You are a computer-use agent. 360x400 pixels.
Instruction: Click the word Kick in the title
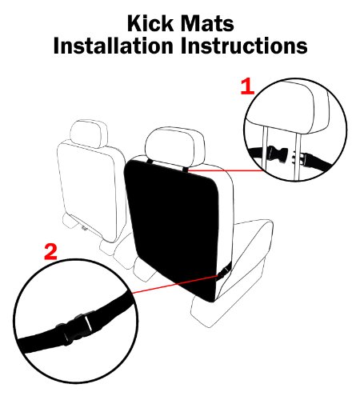(x=150, y=23)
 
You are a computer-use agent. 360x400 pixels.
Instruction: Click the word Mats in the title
(x=207, y=23)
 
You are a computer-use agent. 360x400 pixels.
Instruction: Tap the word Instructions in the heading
(x=244, y=46)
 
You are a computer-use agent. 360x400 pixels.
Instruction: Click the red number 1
(x=247, y=86)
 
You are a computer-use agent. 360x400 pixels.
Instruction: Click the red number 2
(x=50, y=251)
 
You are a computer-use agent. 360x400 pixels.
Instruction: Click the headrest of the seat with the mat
(x=175, y=146)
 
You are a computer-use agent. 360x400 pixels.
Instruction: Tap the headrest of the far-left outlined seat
(x=89, y=134)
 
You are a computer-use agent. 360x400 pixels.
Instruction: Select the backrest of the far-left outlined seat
(x=90, y=190)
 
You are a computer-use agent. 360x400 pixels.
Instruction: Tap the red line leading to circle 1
(x=226, y=170)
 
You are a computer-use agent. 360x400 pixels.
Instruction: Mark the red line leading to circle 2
(x=175, y=284)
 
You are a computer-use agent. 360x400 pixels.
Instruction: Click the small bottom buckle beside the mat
(x=222, y=273)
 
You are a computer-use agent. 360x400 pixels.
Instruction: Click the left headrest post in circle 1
(x=264, y=150)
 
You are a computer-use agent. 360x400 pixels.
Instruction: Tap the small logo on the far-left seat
(x=85, y=227)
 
